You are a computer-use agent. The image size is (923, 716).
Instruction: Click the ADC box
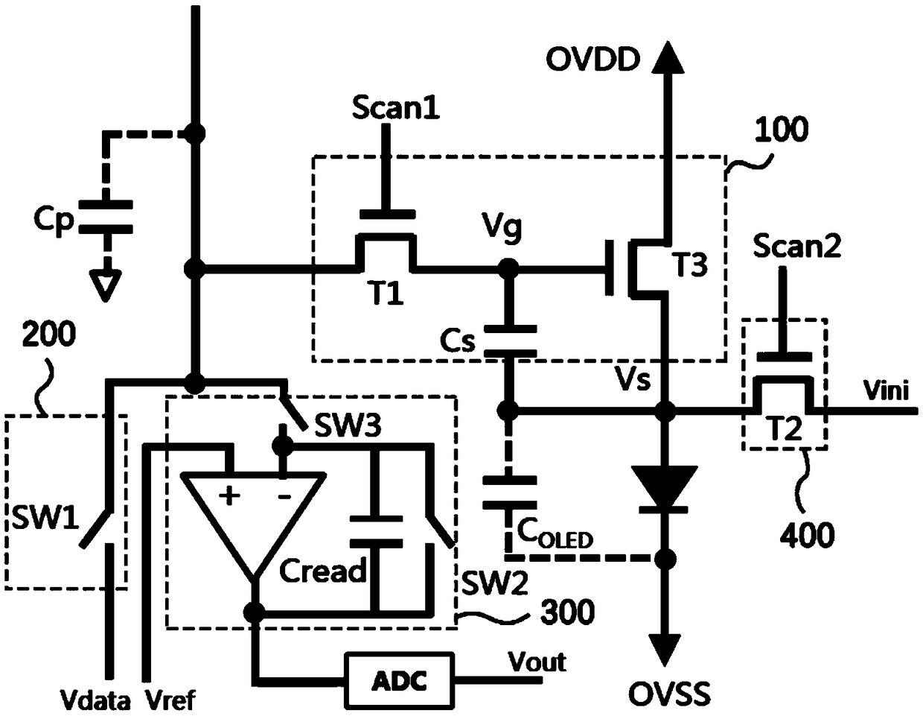coord(400,681)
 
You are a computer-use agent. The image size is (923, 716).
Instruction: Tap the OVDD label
coord(593,60)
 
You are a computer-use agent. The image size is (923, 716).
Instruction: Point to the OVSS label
coord(669,694)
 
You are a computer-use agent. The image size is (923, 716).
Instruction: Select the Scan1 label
coord(396,109)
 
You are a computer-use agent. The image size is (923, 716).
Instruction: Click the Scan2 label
coord(797,246)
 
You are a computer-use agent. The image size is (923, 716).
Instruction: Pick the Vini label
coord(887,390)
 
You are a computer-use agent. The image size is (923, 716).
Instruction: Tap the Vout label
coord(537,662)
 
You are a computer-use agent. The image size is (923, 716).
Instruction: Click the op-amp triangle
coord(254,526)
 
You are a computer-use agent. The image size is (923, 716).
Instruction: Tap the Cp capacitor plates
coord(106,217)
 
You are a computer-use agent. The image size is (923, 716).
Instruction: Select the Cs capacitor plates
coord(510,340)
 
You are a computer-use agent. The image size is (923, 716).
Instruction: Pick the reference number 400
coord(807,535)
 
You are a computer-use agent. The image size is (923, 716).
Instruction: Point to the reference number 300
coord(567,612)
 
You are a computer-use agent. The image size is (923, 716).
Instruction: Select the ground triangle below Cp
coord(106,287)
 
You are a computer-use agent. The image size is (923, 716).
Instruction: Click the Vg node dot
coord(508,269)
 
